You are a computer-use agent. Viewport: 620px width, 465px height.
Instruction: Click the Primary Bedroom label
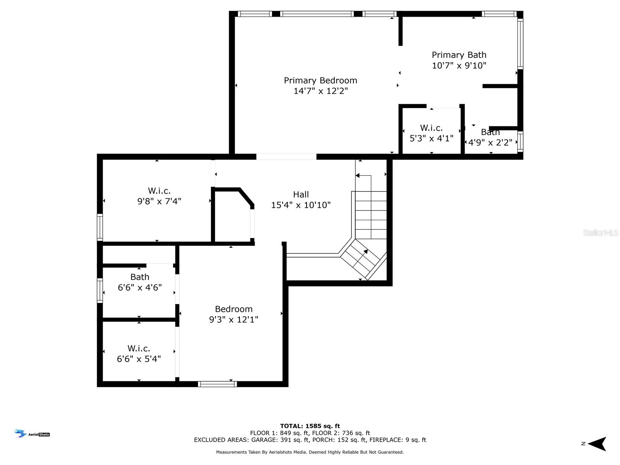tap(320, 81)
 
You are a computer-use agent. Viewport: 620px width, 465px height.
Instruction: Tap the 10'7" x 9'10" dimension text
tap(459, 65)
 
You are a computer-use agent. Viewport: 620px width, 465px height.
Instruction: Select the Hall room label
tap(301, 194)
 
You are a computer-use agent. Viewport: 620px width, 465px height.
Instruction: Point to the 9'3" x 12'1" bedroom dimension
tap(234, 319)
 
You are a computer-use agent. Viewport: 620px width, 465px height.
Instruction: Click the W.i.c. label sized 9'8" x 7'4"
tap(159, 191)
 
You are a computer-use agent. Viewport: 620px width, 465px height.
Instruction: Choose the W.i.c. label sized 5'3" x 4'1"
tap(431, 128)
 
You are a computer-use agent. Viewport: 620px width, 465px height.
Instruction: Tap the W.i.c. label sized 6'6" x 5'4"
tap(139, 348)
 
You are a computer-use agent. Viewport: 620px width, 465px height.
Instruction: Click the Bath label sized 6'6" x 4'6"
tap(140, 277)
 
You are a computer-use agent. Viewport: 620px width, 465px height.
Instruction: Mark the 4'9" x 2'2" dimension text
tap(490, 143)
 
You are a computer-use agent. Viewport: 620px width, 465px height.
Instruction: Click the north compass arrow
tap(597, 444)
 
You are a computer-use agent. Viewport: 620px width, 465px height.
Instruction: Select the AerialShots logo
tap(32, 433)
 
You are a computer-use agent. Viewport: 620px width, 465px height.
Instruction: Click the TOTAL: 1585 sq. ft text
tap(310, 426)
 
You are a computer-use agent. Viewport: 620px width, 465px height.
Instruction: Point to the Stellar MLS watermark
tap(601, 232)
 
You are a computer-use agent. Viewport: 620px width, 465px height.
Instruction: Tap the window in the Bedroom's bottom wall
tap(217, 384)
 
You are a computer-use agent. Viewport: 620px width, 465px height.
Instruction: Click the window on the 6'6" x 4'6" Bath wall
tap(100, 291)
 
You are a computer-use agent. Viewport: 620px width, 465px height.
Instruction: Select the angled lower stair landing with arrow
tap(363, 260)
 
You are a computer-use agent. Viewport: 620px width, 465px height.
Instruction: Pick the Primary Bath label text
tap(459, 55)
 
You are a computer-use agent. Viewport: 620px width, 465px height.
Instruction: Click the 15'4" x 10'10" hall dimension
tap(301, 205)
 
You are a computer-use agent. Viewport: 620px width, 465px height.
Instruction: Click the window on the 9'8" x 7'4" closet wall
tap(100, 227)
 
